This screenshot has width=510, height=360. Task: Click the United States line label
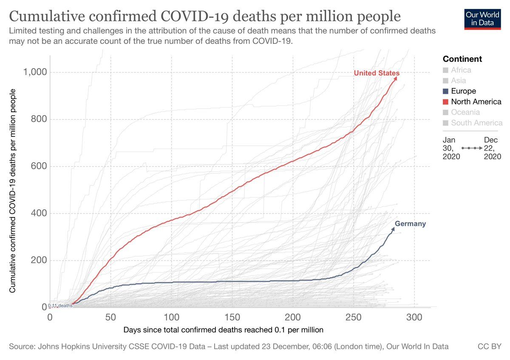pos(377,74)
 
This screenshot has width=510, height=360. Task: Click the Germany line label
pos(410,224)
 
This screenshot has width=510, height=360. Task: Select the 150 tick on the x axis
pos(232,317)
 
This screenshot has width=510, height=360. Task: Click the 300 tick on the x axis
pos(414,317)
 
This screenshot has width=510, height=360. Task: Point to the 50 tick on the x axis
pos(110,317)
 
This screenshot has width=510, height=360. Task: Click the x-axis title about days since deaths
pos(224,329)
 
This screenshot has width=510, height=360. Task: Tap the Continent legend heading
pos(462,59)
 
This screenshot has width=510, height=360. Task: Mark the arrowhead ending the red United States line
pos(396,78)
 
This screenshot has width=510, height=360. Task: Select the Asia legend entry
pos(459,80)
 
